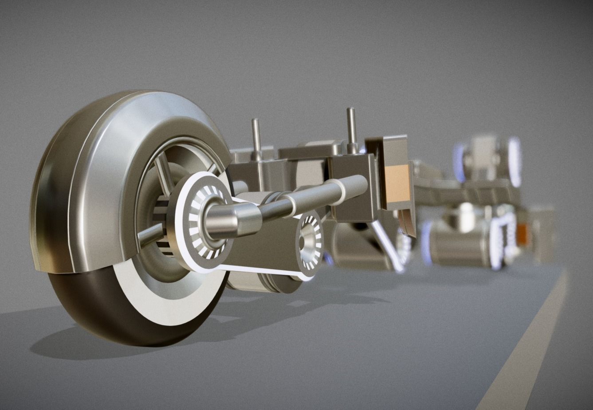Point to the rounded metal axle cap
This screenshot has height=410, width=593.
[231, 219]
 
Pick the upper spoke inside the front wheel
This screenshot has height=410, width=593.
[163, 173]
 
